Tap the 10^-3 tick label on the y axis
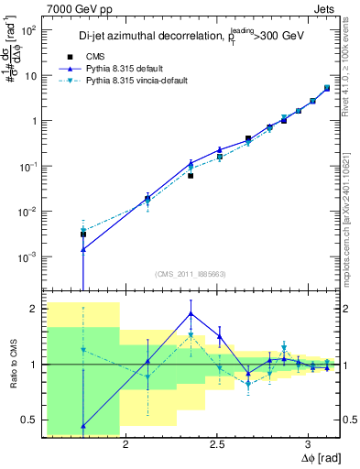coord(31,257)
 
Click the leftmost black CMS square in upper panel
coord(83,234)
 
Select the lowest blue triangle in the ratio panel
coord(83,425)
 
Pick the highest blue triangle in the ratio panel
coord(191,313)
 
